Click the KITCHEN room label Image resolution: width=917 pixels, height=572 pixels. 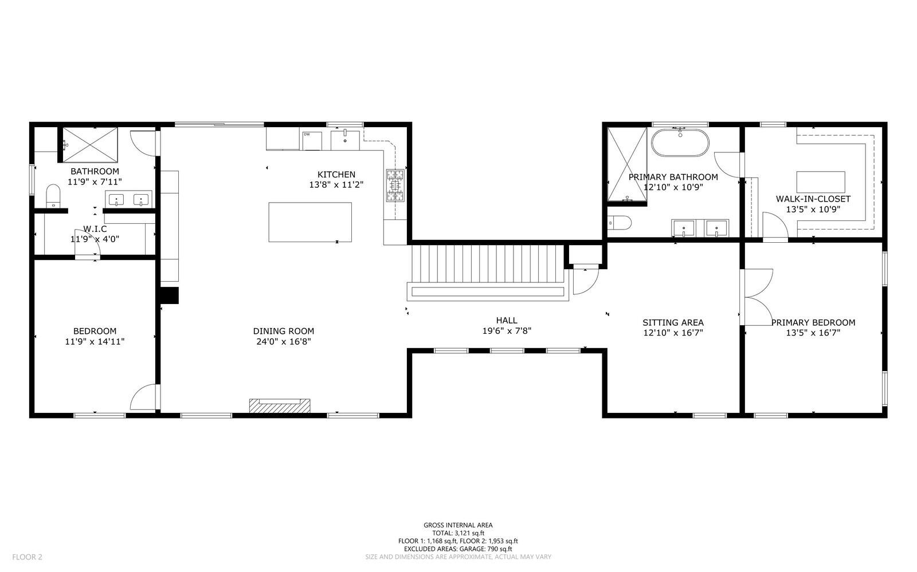click(336, 175)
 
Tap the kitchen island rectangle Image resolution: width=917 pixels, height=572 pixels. click(310, 222)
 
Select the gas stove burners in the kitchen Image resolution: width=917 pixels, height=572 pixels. click(395, 186)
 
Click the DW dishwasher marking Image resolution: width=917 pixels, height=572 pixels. click(307, 134)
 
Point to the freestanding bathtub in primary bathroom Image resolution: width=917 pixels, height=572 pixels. click(680, 143)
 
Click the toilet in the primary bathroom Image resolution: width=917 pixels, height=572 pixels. click(619, 223)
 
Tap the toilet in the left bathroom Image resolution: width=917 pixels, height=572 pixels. click(53, 196)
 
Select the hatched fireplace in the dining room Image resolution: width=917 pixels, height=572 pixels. click(280, 405)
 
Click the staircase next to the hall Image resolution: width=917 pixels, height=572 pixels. click(488, 264)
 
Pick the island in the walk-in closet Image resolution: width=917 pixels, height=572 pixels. click(820, 182)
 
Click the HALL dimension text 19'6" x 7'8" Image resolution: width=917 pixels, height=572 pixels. click(507, 331)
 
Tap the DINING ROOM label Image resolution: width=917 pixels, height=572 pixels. click(283, 331)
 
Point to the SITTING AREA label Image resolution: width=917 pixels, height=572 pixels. click(673, 322)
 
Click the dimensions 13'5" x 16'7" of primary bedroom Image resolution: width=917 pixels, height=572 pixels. click(813, 333)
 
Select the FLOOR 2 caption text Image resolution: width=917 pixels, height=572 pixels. click(27, 557)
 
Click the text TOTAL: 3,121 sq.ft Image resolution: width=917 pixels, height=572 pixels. click(458, 533)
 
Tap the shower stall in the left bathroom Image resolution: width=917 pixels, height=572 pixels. click(89, 145)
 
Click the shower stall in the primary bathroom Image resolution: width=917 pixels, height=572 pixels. click(627, 164)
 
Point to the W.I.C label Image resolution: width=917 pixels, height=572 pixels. click(95, 229)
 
